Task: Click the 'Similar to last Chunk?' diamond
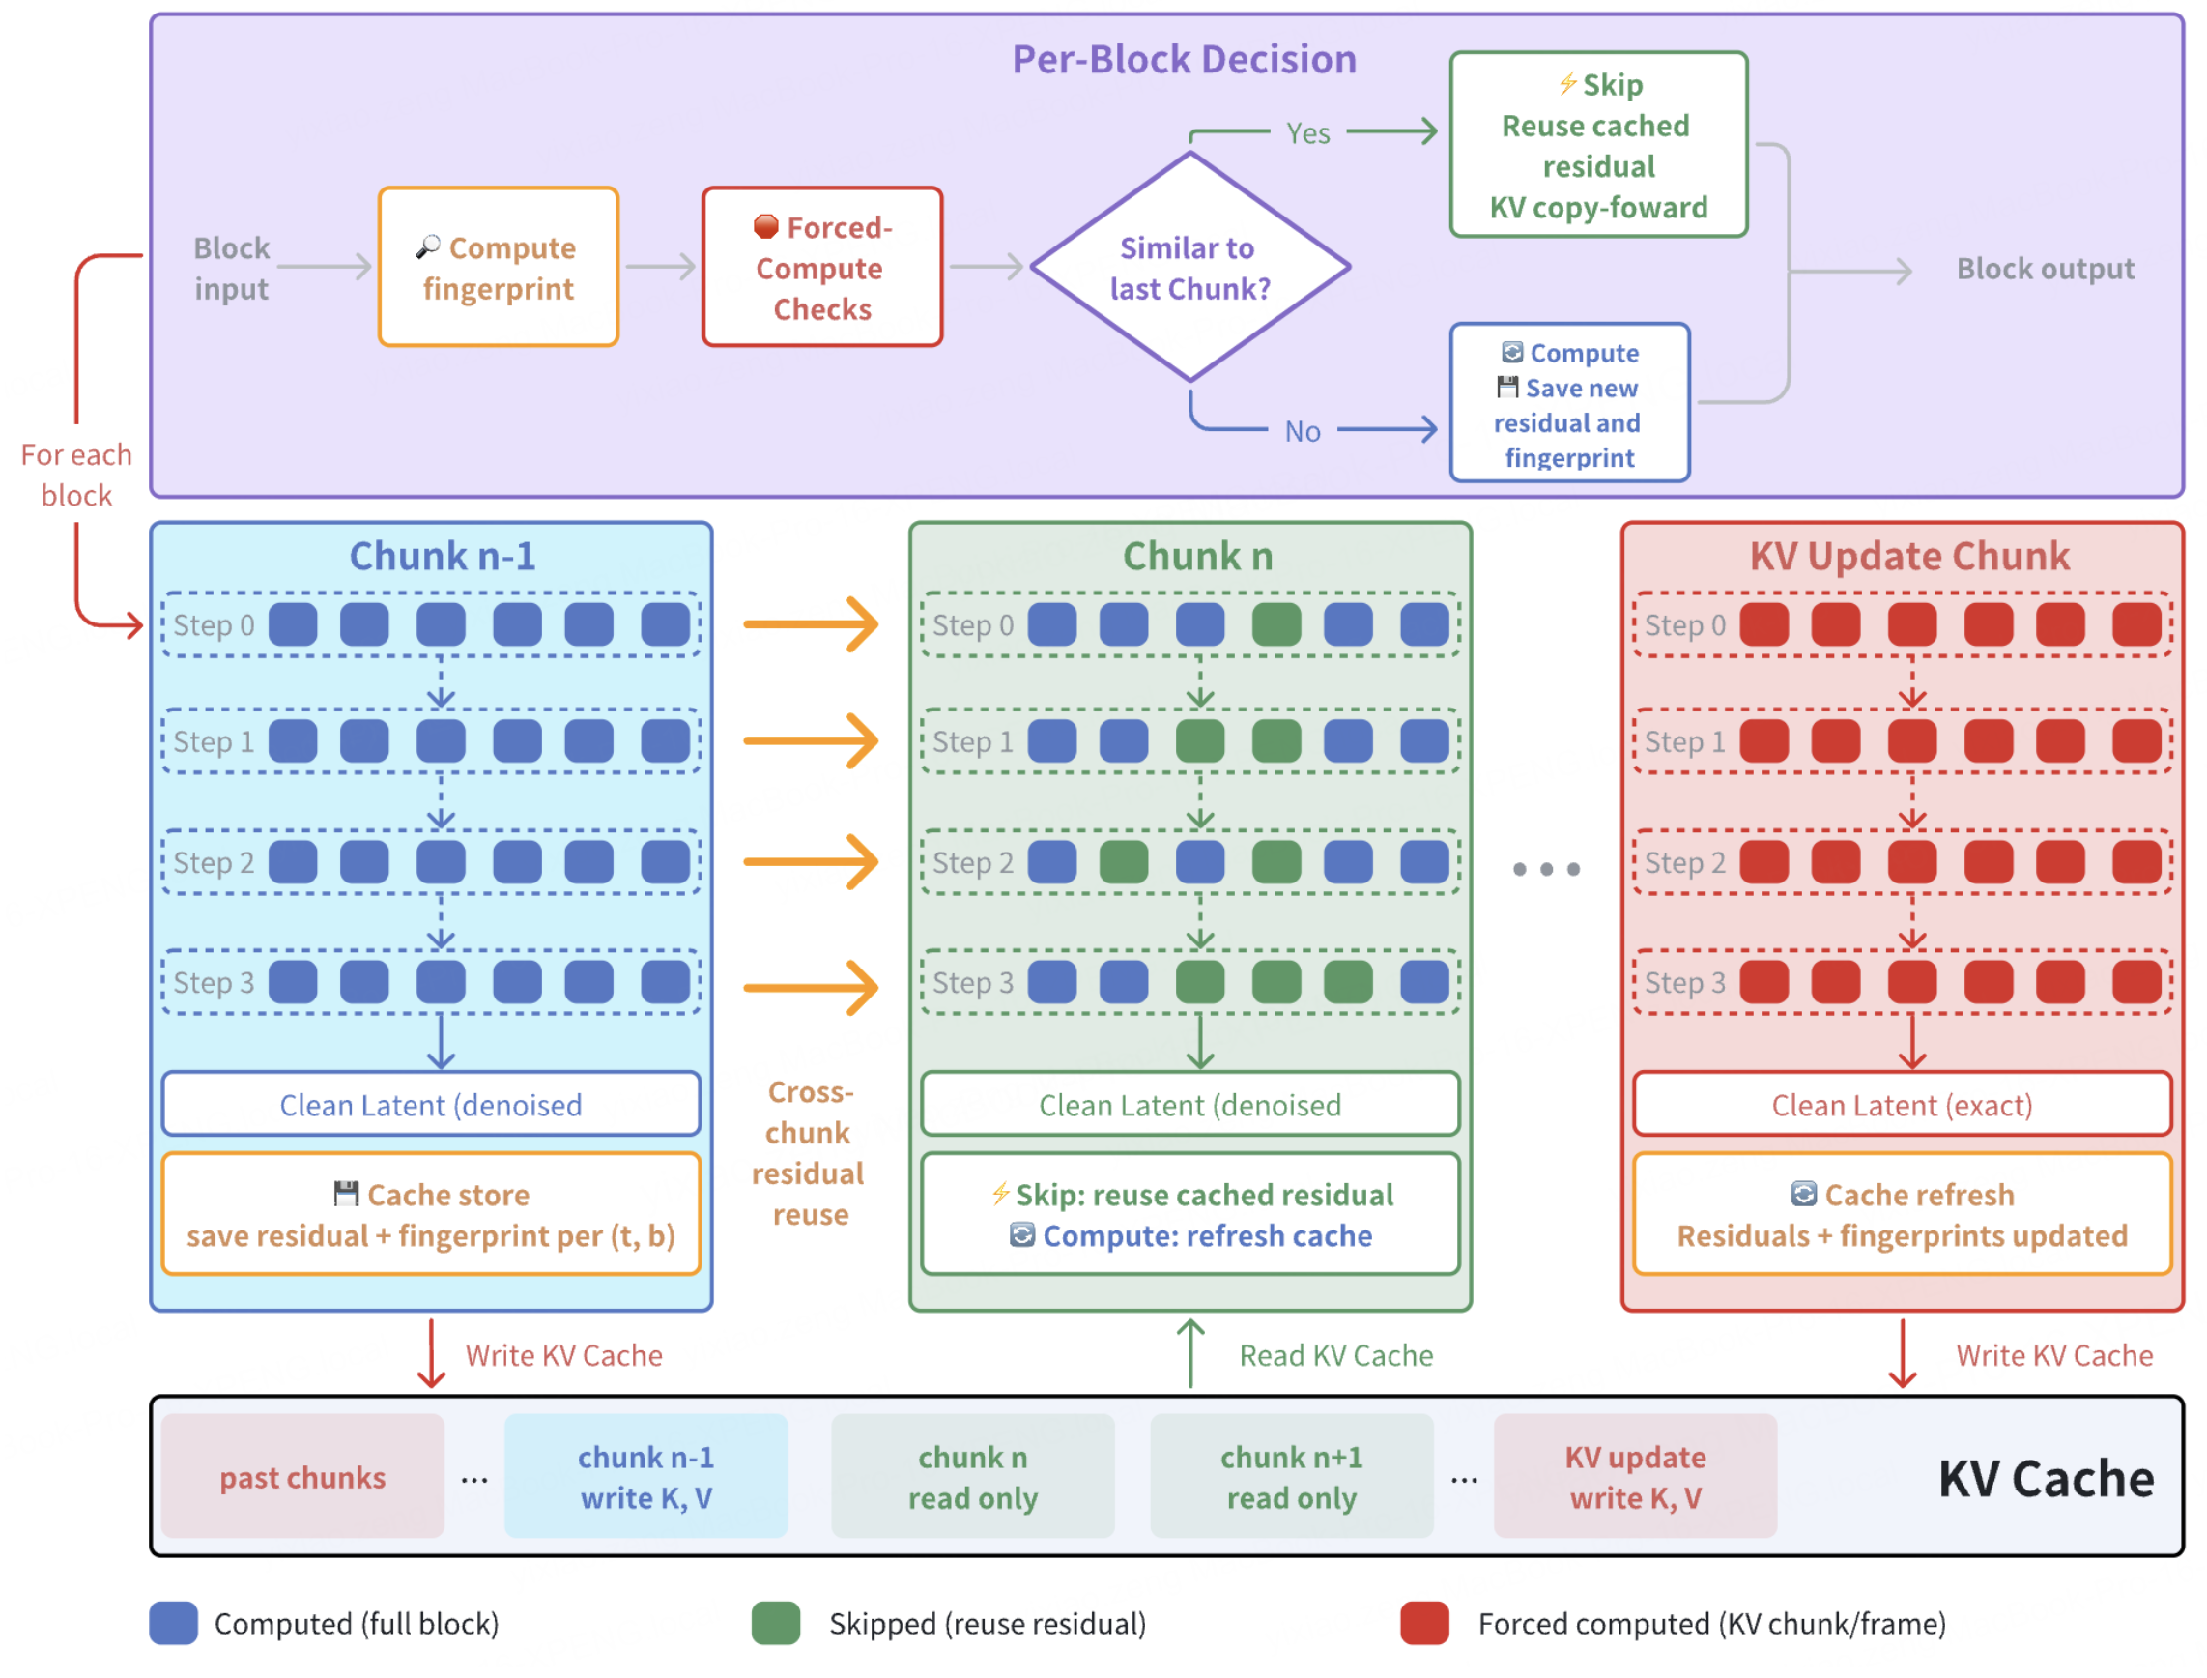[1189, 267]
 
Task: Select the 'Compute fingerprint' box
[499, 267]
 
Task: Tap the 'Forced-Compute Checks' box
[822, 267]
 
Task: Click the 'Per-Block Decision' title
[1185, 60]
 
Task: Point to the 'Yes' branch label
[1307, 132]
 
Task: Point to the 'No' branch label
[1303, 431]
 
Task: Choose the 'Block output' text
[2045, 269]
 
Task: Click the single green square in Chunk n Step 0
[1276, 624]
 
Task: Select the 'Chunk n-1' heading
[443, 557]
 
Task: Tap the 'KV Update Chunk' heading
[1909, 557]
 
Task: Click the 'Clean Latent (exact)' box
[1902, 1104]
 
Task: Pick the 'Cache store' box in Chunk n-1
[431, 1214]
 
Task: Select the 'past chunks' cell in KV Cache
[302, 1476]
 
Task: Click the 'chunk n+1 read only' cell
[1291, 1476]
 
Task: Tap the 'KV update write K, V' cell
[1635, 1476]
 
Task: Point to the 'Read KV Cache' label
[1335, 1355]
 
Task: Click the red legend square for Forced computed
[1424, 1623]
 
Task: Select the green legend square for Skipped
[776, 1623]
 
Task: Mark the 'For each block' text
[76, 476]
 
